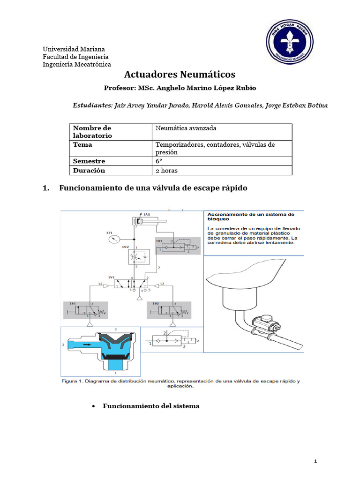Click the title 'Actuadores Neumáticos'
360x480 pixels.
[180, 75]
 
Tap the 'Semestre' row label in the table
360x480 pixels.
[89, 161]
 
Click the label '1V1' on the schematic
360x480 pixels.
[112, 277]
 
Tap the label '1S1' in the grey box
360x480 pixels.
[72, 304]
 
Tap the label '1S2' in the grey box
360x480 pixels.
[156, 304]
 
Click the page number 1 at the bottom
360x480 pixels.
[316, 462]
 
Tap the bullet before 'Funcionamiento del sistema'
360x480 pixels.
[94, 406]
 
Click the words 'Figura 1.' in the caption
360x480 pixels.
[72, 382]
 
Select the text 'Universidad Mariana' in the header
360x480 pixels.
[74, 49]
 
